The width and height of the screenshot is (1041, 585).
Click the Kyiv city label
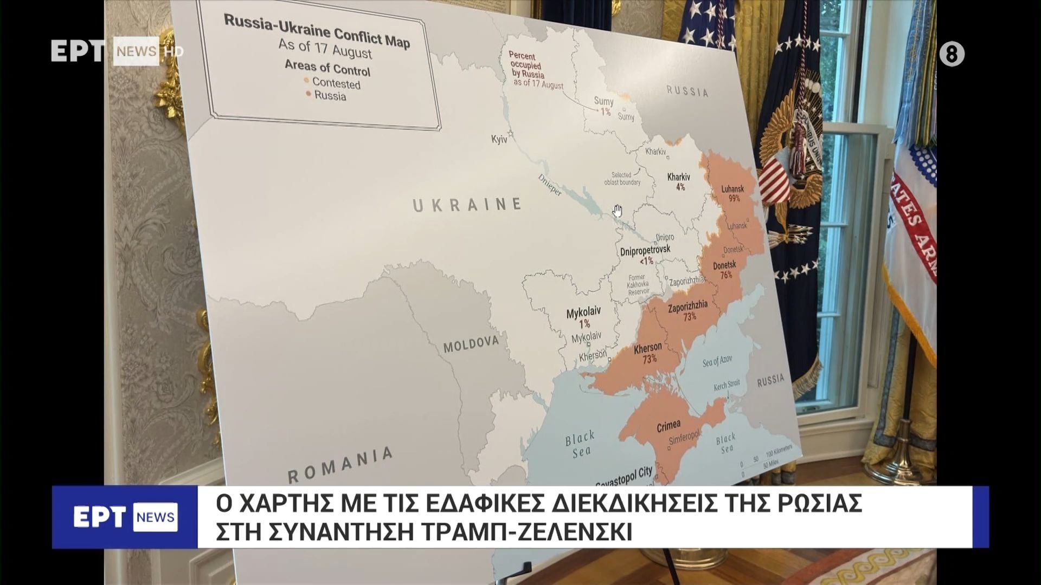pos(499,139)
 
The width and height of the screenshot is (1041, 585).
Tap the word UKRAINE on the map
pos(467,205)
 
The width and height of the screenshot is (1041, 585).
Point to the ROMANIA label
pos(340,465)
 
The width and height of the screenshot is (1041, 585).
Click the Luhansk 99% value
pos(734,198)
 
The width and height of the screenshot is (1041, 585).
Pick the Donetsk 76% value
pos(725,275)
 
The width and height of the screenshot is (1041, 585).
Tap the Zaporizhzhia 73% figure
pos(689,316)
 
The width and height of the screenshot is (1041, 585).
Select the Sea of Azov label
pos(717,361)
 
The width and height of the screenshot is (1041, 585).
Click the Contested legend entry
pos(336,83)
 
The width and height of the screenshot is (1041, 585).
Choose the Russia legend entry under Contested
pos(330,96)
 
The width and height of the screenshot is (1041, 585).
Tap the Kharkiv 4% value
pos(680,187)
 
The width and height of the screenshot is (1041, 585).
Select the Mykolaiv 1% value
pos(584,324)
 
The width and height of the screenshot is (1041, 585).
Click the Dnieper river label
pos(550,185)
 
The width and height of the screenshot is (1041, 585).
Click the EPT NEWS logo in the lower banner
pos(125,517)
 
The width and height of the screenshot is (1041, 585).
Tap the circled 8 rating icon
pos(952,55)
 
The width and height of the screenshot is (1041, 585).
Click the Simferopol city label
pos(684,438)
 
